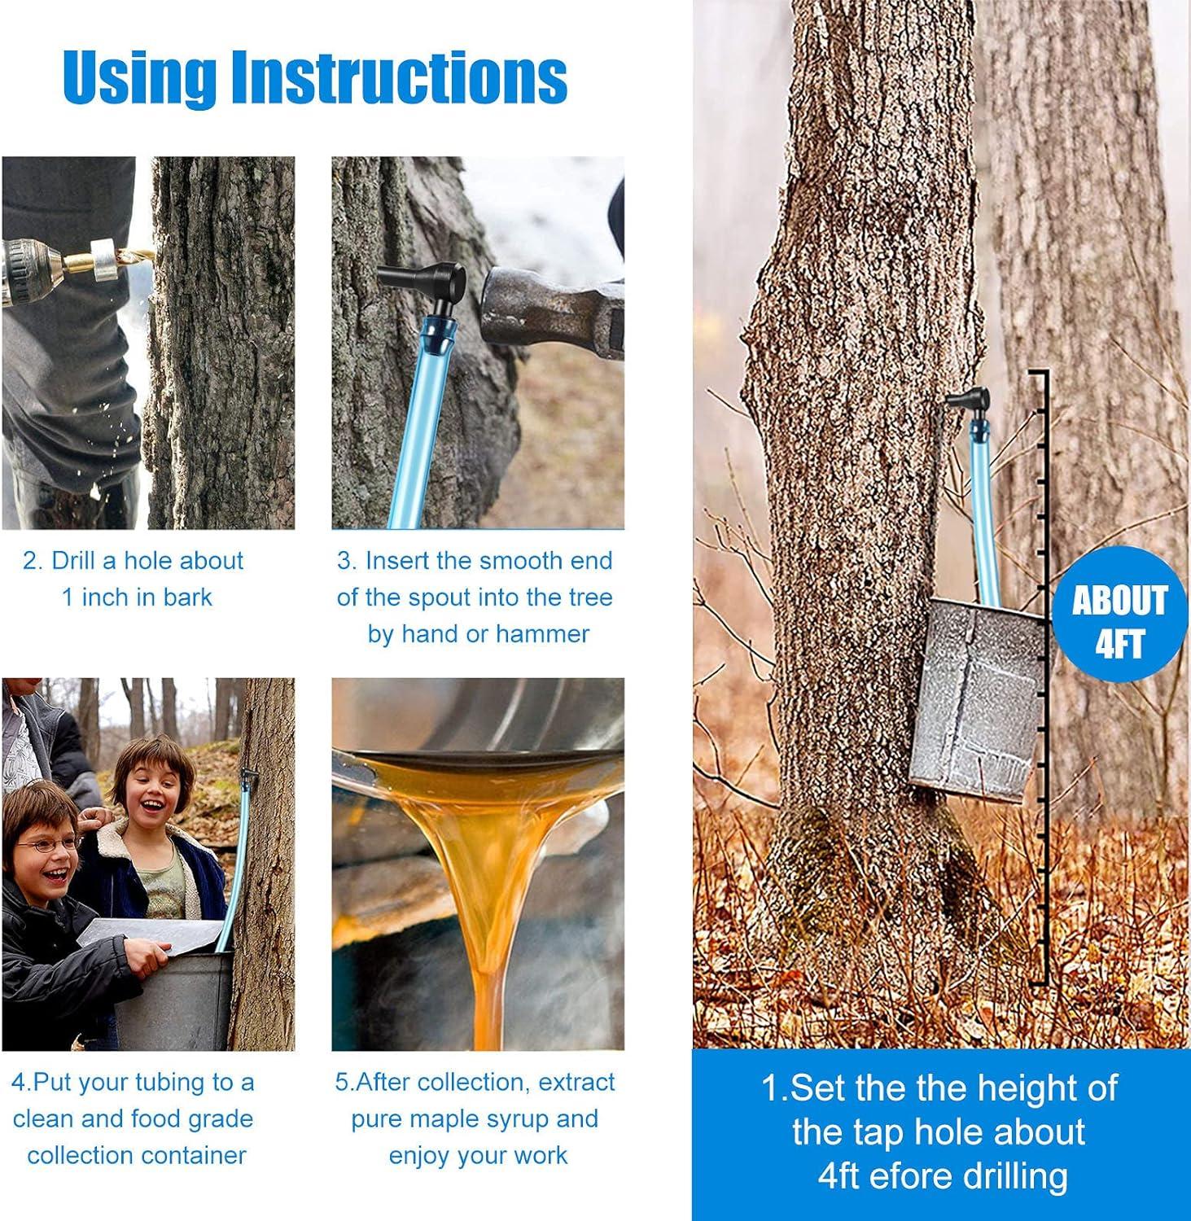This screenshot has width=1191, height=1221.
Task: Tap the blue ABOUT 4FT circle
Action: pyautogui.click(x=1119, y=622)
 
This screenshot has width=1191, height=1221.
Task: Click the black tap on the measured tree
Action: pyautogui.click(x=968, y=404)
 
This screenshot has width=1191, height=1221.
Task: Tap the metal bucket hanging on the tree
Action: pyautogui.click(x=977, y=700)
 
